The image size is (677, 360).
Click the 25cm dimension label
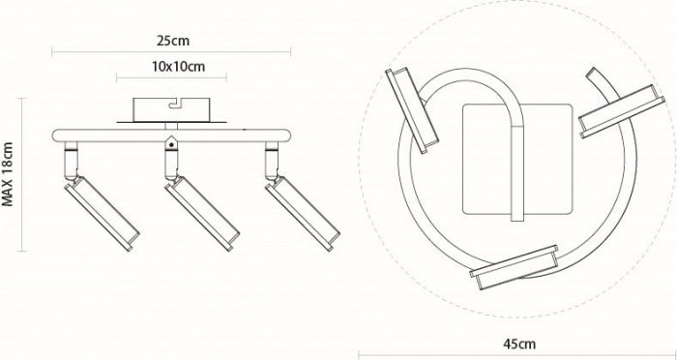coord(173,41)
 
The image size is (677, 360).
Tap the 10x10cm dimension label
coord(178,67)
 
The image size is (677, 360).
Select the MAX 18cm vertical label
coord(8,174)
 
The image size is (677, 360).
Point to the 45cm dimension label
coord(519,344)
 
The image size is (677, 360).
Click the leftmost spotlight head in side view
coord(102,214)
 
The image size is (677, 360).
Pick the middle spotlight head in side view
coord(202,214)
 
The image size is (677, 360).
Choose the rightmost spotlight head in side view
coord(302,214)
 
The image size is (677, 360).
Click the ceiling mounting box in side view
coord(171,109)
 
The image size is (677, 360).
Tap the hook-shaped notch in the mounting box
coord(176,103)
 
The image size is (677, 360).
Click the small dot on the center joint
coord(171,145)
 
